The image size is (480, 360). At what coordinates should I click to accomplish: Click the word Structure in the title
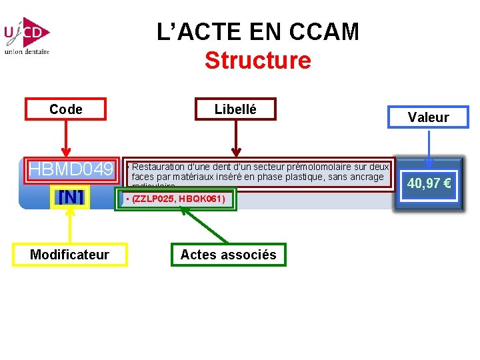click(257, 61)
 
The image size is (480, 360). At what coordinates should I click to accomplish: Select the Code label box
click(65, 109)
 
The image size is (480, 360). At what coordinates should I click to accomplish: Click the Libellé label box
click(235, 109)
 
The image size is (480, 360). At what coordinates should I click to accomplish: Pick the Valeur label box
click(428, 117)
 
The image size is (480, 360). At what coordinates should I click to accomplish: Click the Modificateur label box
click(69, 255)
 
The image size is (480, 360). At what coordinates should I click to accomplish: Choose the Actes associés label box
click(228, 255)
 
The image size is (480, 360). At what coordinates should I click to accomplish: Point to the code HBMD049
click(71, 170)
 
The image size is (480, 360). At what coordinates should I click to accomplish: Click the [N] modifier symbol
click(70, 197)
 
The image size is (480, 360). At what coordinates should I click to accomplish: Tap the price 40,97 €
click(429, 183)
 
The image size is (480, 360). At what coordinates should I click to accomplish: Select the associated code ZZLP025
click(154, 199)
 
